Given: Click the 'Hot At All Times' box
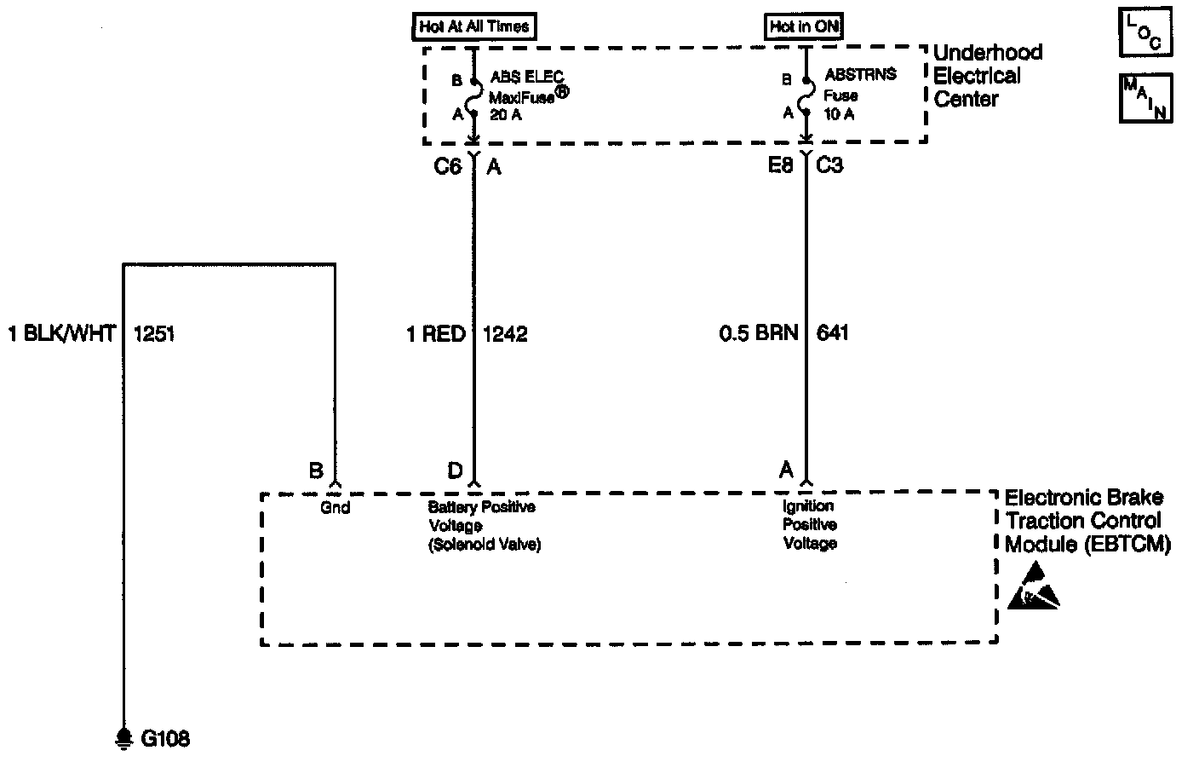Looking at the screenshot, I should (x=474, y=26).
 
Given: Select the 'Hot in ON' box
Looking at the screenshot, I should (x=804, y=26).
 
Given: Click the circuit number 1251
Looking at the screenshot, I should (x=154, y=333).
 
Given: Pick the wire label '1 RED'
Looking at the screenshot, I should (x=436, y=333).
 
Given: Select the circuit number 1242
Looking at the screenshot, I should (x=505, y=333).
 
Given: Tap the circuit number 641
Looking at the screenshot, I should (x=832, y=333).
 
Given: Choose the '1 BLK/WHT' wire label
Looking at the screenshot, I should (x=61, y=333).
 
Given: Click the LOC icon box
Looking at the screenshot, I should (x=1144, y=33).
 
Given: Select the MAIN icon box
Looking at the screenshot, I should (x=1145, y=97).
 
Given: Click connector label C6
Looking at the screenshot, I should (x=447, y=166).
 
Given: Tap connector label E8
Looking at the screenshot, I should (x=780, y=166).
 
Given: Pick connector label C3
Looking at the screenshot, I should (x=829, y=166).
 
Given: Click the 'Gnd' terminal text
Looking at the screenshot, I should (x=336, y=508).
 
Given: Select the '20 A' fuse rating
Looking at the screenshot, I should (x=505, y=113).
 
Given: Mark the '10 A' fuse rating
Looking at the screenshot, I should (x=839, y=113).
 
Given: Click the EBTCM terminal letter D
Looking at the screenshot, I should (x=455, y=470).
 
